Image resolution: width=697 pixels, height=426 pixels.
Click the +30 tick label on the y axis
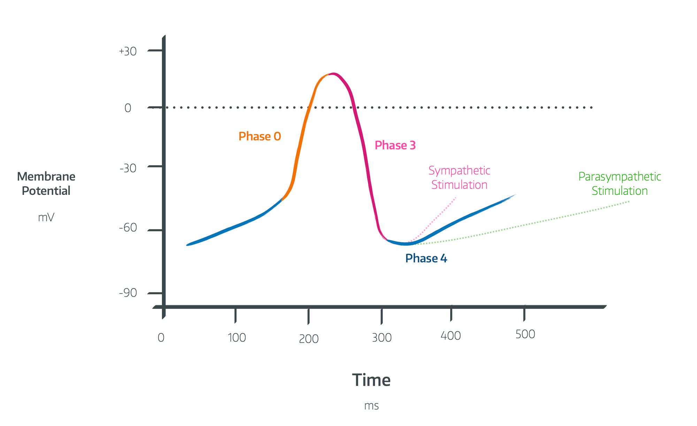pyautogui.click(x=128, y=52)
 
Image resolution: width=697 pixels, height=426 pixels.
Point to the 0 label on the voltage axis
pyautogui.click(x=128, y=108)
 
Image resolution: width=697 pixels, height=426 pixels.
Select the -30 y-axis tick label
pyautogui.click(x=128, y=168)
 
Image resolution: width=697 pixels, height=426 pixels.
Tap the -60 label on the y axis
pyautogui.click(x=128, y=228)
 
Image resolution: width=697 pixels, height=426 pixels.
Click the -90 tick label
pyautogui.click(x=128, y=293)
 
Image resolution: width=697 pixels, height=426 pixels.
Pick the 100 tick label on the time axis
pyautogui.click(x=237, y=338)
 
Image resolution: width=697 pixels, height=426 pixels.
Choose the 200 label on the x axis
pyautogui.click(x=309, y=339)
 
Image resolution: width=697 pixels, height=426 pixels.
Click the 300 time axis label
pyautogui.click(x=382, y=338)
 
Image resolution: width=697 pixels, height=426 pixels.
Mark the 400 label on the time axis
pyautogui.click(x=451, y=336)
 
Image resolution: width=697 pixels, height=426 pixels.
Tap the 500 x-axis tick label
pyautogui.click(x=525, y=334)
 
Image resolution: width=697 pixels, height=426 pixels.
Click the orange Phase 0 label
pyautogui.click(x=260, y=136)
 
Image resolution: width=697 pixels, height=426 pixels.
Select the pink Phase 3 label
pyautogui.click(x=395, y=145)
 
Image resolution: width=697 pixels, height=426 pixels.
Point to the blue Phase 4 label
pyautogui.click(x=426, y=258)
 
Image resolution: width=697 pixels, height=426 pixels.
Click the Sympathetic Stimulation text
pyautogui.click(x=459, y=177)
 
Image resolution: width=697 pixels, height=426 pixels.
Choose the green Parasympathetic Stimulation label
pyautogui.click(x=620, y=184)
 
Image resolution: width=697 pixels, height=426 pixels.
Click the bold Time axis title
pyautogui.click(x=371, y=380)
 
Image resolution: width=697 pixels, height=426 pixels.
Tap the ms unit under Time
pyautogui.click(x=372, y=406)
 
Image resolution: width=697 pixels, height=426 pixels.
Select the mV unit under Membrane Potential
pyautogui.click(x=46, y=218)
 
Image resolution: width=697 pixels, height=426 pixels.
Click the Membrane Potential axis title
pyautogui.click(x=46, y=184)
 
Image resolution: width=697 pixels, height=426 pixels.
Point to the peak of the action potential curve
pyautogui.click(x=334, y=74)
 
